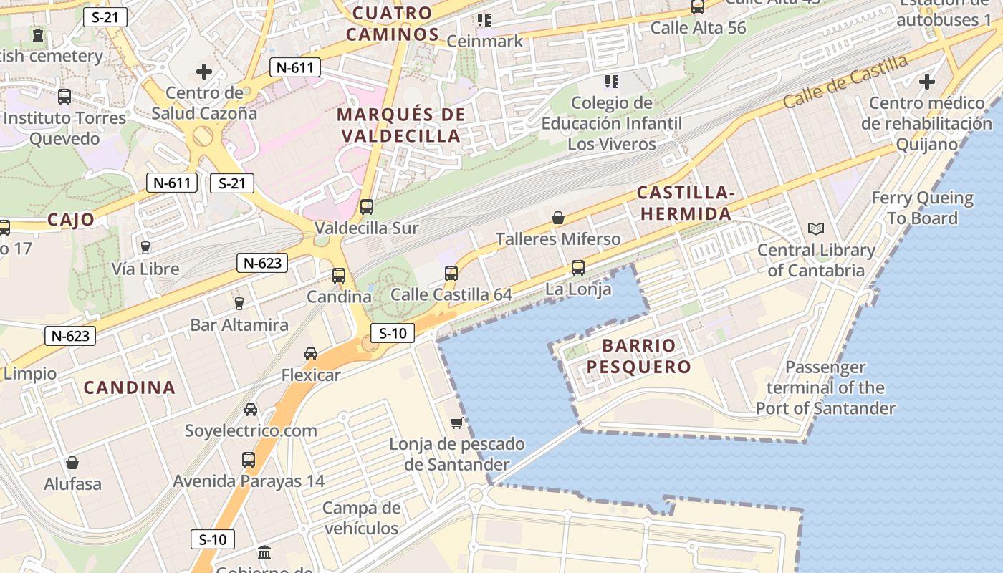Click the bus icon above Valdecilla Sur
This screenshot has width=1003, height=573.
point(367,207)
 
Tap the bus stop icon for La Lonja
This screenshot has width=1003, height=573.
point(578,269)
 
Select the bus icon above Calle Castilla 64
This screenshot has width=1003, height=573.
point(451,273)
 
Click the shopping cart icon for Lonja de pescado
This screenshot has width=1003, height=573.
point(457,423)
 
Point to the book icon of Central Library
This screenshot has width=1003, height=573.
point(816,229)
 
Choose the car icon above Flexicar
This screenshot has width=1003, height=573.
point(311,354)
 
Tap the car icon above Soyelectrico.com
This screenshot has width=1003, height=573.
point(251,410)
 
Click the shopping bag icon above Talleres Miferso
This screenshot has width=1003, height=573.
point(558,218)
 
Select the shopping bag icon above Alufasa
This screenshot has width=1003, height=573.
point(72,463)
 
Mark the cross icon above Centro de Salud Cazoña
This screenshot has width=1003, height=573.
point(204,72)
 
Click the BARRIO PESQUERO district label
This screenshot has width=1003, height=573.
point(638,356)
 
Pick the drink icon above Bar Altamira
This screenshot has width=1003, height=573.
point(239,304)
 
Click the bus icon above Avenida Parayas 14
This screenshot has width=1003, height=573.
point(249,460)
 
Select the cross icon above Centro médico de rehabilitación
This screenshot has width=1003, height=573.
point(927,82)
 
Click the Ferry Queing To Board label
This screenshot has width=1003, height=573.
point(923,208)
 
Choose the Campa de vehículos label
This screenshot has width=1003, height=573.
point(360,519)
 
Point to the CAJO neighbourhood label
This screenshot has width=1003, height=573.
point(71,220)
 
